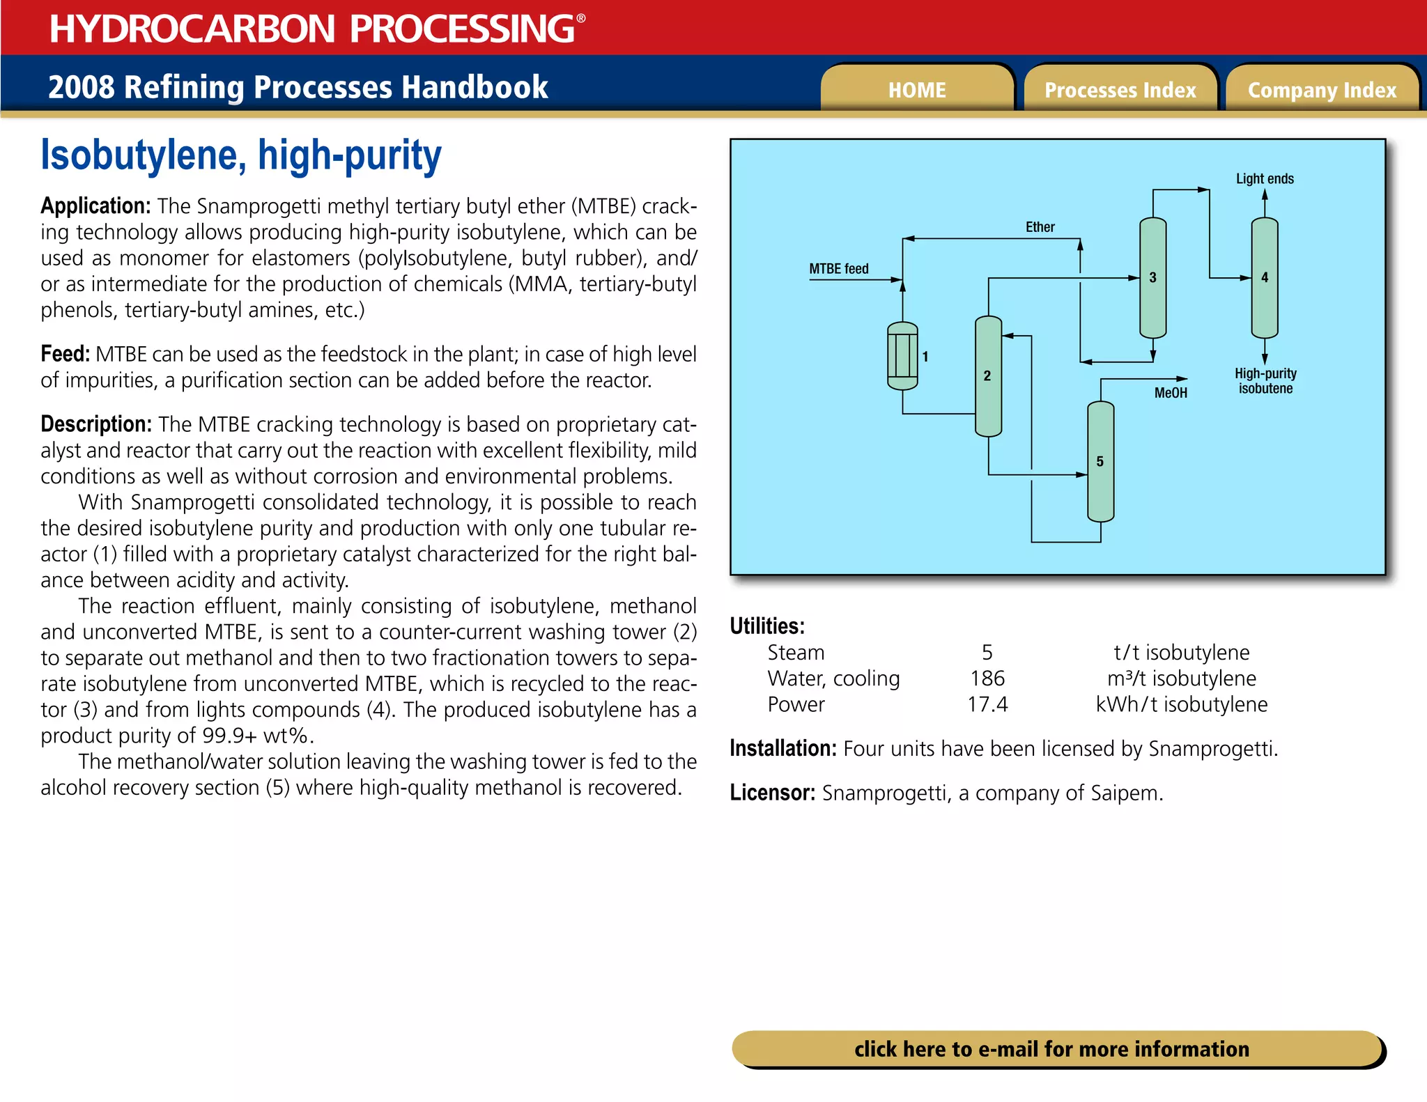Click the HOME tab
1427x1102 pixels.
[x=916, y=90]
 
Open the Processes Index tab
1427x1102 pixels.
[x=1120, y=90]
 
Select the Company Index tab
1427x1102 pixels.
[x=1322, y=90]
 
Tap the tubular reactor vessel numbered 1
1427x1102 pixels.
[x=902, y=356]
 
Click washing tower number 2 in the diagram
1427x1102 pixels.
[x=988, y=376]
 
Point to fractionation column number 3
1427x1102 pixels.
[x=1152, y=278]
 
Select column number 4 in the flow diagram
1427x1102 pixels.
[x=1265, y=278]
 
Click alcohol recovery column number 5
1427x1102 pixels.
[x=1100, y=461]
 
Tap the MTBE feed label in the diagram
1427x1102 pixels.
[x=839, y=269]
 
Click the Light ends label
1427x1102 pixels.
[x=1265, y=179]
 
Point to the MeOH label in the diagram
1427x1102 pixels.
[x=1171, y=393]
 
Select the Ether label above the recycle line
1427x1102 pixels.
[x=1040, y=227]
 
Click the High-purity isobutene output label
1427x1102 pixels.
[x=1265, y=381]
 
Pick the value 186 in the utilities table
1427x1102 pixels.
[x=987, y=678]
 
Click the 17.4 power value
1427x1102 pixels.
[x=987, y=704]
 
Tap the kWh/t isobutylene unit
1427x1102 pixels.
[x=1181, y=704]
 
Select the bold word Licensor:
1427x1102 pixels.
[x=772, y=793]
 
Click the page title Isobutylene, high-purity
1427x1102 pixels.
[x=241, y=155]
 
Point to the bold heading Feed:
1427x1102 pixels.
[x=65, y=354]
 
